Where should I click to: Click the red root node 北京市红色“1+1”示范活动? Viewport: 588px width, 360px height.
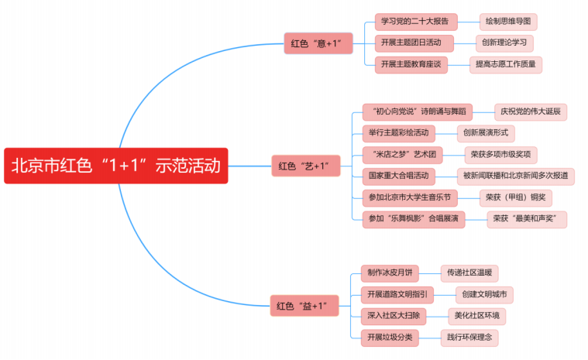116,166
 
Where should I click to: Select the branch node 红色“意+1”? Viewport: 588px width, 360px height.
316,43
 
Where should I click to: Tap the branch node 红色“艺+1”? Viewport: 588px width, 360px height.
304,166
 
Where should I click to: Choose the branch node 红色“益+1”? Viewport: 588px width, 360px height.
304,306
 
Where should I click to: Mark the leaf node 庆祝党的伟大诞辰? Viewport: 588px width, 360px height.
531,111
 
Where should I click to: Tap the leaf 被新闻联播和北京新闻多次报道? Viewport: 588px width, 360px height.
515,177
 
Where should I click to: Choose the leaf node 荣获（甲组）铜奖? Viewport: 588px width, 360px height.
515,198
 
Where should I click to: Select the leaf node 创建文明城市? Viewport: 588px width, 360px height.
484,295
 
